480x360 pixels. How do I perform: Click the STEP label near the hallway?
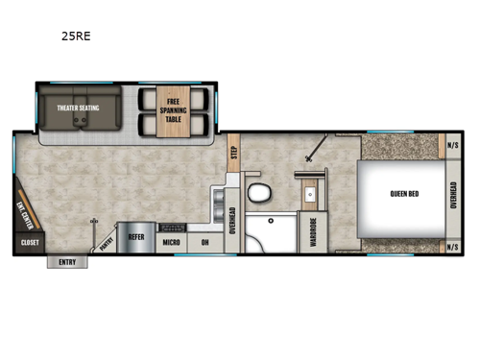coord(233,151)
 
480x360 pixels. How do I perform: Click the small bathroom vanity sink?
coord(310,196)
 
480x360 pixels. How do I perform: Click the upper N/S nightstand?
coord(453,145)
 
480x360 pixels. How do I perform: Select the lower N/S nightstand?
coord(453,247)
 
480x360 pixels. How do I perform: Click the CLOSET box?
coord(29,244)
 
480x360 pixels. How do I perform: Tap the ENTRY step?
coord(67,262)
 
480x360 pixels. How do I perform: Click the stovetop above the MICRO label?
coord(172,228)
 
